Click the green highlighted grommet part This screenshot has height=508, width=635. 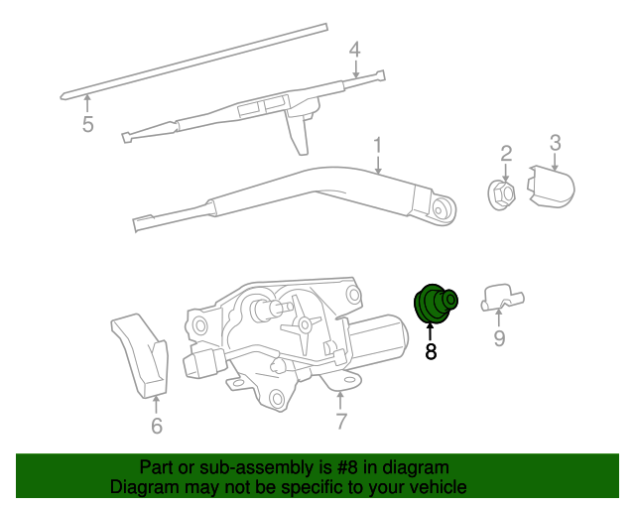click(x=433, y=304)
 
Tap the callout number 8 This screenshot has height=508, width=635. click(x=431, y=351)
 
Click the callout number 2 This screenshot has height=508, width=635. click(x=505, y=153)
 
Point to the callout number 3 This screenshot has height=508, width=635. click(x=556, y=144)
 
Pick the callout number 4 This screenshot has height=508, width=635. click(x=354, y=50)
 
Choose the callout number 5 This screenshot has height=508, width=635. click(x=87, y=124)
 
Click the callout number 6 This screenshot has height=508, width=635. click(x=156, y=427)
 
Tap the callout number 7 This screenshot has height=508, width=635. click(x=340, y=422)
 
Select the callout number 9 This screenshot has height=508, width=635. click(x=499, y=340)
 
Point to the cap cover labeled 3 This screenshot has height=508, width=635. click(x=554, y=188)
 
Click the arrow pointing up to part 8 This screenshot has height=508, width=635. click(x=431, y=330)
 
